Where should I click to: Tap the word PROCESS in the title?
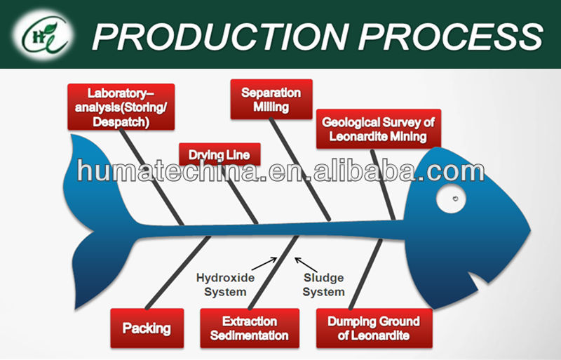point(451,36)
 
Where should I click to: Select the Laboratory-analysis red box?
point(121,107)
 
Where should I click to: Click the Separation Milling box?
point(271,99)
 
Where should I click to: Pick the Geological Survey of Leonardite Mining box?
point(378,129)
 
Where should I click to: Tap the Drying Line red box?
point(219,154)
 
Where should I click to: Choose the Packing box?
point(147,328)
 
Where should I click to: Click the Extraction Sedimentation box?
point(250,328)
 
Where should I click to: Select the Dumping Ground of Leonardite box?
point(374,328)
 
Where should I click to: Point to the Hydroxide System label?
point(225,284)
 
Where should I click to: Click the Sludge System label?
point(324,284)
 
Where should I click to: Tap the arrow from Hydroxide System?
point(264,264)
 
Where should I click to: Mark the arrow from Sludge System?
point(306,265)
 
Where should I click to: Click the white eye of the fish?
point(451,199)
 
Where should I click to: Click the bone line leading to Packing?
point(178,272)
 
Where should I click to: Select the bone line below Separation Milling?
point(300,169)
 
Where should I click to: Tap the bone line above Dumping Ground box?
point(365,274)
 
